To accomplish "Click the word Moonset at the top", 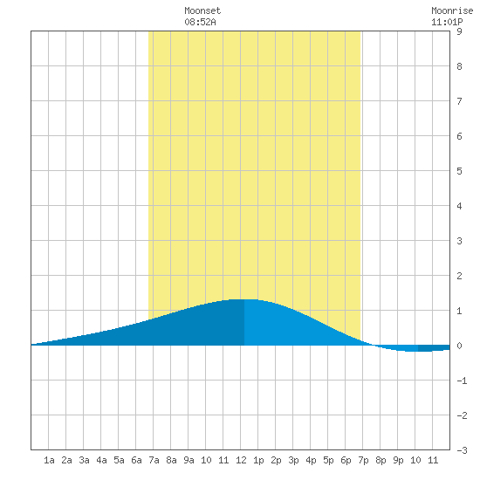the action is tap(202, 10).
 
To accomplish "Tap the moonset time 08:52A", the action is tap(200, 22).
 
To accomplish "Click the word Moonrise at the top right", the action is tap(452, 10).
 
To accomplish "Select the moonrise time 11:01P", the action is tap(447, 22).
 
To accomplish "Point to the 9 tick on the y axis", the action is tap(459, 31).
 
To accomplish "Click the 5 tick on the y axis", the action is tap(459, 171).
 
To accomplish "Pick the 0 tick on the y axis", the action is tap(459, 346).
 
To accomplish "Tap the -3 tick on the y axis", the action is tap(462, 450).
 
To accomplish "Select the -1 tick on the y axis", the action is tap(462, 381).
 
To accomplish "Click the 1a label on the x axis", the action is tap(49, 460).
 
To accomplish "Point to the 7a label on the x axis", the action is tap(154, 460).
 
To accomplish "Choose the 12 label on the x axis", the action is tap(241, 460).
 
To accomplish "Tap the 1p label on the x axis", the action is tap(258, 460).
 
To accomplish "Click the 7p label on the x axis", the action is tap(363, 460).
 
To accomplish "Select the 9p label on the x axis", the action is tap(398, 460).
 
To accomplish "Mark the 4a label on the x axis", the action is tap(101, 460).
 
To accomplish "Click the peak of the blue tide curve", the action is tap(244, 299).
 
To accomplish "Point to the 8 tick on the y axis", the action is tap(459, 66).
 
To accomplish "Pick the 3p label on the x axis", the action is tap(293, 460).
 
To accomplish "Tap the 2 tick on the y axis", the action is tap(459, 276).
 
